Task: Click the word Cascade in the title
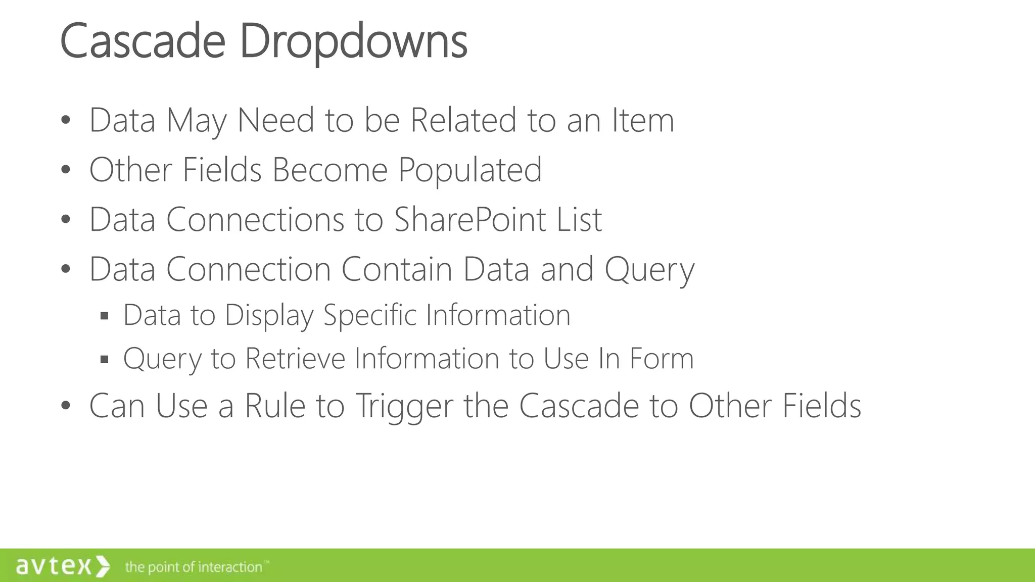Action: pyautogui.click(x=143, y=41)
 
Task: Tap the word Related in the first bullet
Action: pyautogui.click(x=463, y=121)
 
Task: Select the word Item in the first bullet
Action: pyautogui.click(x=643, y=121)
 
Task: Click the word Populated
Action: pyautogui.click(x=470, y=170)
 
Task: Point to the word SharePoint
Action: pyautogui.click(x=470, y=220)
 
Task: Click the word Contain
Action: pyautogui.click(x=397, y=269)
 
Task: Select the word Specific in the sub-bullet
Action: pyautogui.click(x=369, y=316)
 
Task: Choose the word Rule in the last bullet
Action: pyautogui.click(x=275, y=406)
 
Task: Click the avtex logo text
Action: pyautogui.click(x=54, y=566)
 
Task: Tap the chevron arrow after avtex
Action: pyautogui.click(x=103, y=566)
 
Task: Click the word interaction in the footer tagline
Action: pyautogui.click(x=229, y=567)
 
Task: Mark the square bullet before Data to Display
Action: pyautogui.click(x=105, y=316)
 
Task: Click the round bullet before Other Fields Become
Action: pyautogui.click(x=65, y=171)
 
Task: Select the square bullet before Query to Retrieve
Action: pyautogui.click(x=105, y=360)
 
